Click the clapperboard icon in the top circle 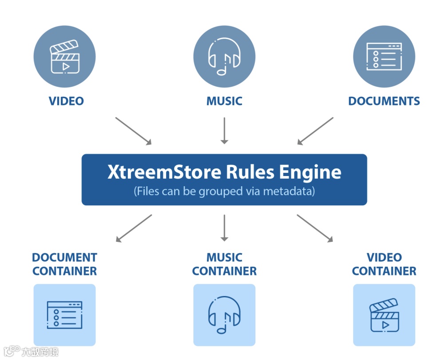[x=64, y=57]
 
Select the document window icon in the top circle [x=384, y=56]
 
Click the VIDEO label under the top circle [x=66, y=101]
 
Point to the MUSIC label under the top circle [x=224, y=101]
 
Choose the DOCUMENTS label [x=384, y=101]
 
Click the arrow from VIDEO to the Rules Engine [x=133, y=131]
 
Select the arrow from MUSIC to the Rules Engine [x=224, y=131]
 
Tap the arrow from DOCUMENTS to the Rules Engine [x=315, y=131]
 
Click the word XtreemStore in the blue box [x=164, y=172]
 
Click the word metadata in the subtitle [x=288, y=192]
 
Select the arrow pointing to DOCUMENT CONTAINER [x=134, y=228]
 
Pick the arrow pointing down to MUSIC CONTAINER [x=224, y=228]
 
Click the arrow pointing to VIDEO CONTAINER [x=315, y=228]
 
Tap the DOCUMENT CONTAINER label [x=64, y=264]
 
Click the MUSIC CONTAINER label [x=224, y=264]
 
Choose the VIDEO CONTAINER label [x=384, y=264]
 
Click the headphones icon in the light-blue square [x=224, y=315]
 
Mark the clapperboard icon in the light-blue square [x=384, y=315]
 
